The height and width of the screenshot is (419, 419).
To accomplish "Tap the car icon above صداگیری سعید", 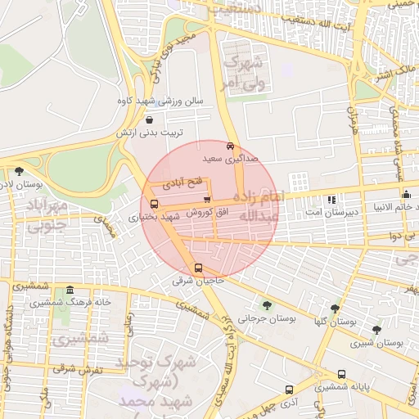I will tap(230, 145).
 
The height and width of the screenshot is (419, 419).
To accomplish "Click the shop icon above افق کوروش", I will tap(206, 199).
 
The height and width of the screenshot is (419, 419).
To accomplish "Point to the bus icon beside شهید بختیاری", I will tap(155, 204).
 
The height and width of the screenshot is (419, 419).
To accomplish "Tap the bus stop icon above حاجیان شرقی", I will tap(197, 268).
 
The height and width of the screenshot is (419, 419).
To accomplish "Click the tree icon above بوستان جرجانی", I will tap(264, 304).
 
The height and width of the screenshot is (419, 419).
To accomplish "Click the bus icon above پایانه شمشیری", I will tap(341, 374).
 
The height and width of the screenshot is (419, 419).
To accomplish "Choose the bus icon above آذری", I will tap(287, 390).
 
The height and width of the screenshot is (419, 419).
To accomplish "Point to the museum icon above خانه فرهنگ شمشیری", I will tap(70, 290).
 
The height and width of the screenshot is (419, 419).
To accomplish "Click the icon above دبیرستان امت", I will tap(331, 200).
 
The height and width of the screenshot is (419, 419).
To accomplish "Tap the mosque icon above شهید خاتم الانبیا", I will tap(407, 193).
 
